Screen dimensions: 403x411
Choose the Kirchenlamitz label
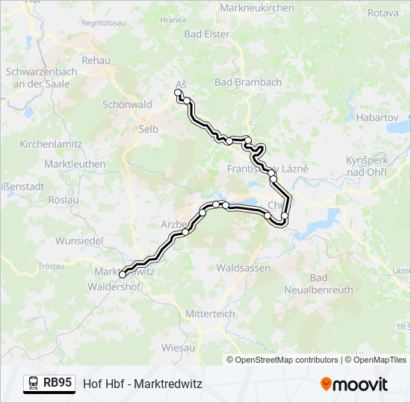click(49, 143)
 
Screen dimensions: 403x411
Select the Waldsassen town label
click(241, 266)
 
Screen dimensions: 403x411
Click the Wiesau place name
click(179, 348)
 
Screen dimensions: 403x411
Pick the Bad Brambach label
click(248, 81)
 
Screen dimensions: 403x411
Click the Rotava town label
click(383, 13)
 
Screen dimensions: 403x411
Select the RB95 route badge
click(58, 383)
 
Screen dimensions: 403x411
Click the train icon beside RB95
click(34, 384)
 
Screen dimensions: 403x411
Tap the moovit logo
click(354, 384)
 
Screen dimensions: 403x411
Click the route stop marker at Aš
click(178, 93)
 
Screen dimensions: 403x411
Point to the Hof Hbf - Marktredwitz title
click(143, 384)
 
